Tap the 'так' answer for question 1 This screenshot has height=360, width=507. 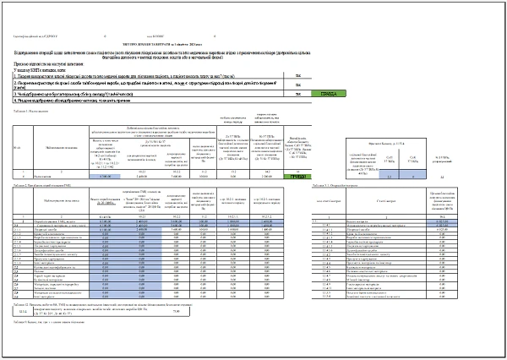298,75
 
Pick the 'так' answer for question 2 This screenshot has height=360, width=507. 298,85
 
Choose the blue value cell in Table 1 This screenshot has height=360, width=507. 105,177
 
